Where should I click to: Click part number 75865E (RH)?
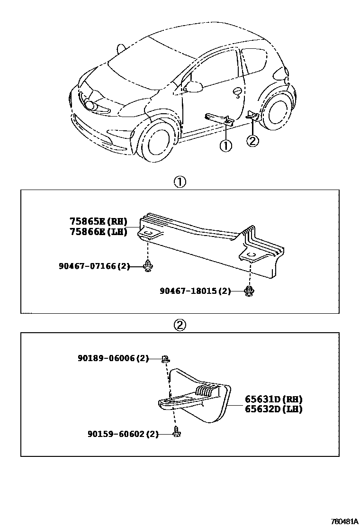point(99,221)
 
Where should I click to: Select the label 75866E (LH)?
point(99,232)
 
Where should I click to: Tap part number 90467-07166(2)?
point(94,266)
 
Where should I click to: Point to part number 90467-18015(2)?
point(195,291)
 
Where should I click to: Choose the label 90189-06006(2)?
point(113,359)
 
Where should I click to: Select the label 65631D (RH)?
point(273,399)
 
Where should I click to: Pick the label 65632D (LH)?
point(273,409)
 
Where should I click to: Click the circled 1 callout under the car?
point(226,145)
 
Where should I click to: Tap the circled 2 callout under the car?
point(253,141)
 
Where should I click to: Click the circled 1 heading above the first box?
point(180,182)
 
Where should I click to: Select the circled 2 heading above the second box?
point(180,325)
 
